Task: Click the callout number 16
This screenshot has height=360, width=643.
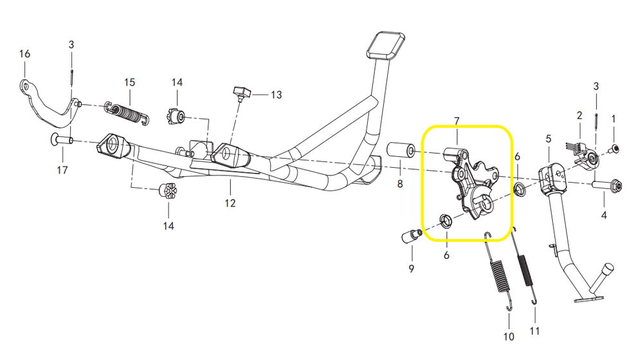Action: tap(24, 54)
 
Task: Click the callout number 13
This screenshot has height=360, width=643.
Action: tap(276, 95)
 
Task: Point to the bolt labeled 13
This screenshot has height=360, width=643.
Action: tap(241, 93)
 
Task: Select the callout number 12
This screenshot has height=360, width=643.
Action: tap(230, 203)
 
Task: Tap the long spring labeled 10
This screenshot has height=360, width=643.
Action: tap(500, 270)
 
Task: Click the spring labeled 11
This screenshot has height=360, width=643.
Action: tap(525, 270)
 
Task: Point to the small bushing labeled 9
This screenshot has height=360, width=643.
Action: tap(410, 236)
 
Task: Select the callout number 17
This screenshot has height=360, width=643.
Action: tap(62, 170)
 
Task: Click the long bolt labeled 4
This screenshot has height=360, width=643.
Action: tap(608, 186)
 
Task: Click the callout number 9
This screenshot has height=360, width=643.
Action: tap(412, 268)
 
